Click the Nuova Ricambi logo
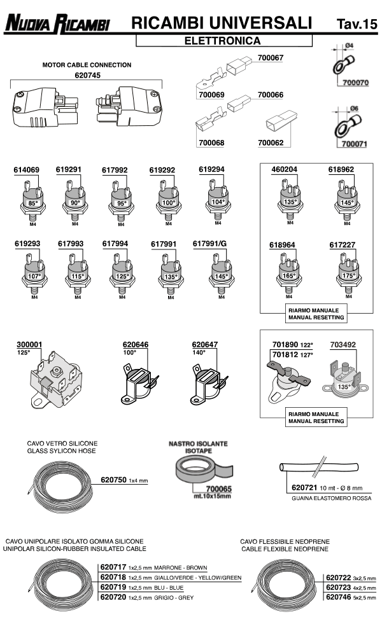pos(57,25)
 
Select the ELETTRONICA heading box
pos(224,41)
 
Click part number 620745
pos(88,75)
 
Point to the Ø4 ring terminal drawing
pos(343,64)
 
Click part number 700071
pos(355,144)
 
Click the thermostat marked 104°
pos(218,197)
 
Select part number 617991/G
pos(209,243)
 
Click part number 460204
pos(284,170)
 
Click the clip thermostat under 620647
pos(208,380)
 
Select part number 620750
pos(113,480)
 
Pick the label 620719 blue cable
pos(113,587)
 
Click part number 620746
pos(338,597)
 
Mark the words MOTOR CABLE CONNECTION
pos(87,65)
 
